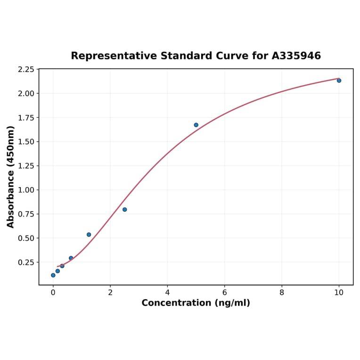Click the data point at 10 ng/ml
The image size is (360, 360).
click(339, 81)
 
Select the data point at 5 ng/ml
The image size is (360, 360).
click(196, 125)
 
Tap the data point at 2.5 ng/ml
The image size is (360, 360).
click(124, 210)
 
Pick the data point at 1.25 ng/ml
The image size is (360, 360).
click(89, 235)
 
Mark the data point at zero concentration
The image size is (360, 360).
click(53, 275)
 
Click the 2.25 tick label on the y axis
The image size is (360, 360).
click(26, 70)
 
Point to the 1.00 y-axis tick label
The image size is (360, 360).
click(26, 190)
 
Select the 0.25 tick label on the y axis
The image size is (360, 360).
click(26, 262)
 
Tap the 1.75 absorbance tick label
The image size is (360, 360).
click(26, 118)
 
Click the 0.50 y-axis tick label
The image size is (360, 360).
click(26, 238)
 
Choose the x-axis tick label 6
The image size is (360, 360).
click(224, 293)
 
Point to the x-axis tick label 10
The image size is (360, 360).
click(339, 293)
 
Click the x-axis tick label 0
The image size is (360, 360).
click(53, 293)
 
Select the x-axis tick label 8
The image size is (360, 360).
click(282, 293)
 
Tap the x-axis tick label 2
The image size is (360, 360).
click(110, 293)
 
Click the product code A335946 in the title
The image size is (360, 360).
click(296, 56)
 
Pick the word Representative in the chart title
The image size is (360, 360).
click(115, 56)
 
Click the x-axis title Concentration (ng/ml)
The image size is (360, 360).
click(196, 303)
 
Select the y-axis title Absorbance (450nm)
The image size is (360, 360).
click(11, 177)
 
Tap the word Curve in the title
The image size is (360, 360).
click(223, 56)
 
